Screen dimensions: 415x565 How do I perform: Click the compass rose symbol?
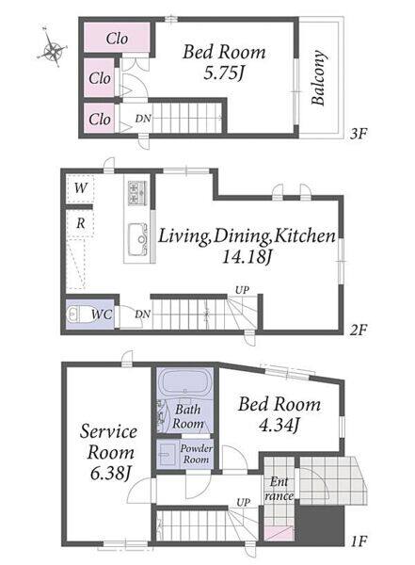coord(53,48)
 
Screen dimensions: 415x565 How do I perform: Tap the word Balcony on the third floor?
coord(318,78)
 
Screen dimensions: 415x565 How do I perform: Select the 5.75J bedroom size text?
coord(224,73)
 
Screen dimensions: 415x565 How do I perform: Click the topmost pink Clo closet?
coord(117,38)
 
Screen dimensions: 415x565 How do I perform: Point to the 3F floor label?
coord(359,134)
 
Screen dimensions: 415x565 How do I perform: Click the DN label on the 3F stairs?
coord(143,119)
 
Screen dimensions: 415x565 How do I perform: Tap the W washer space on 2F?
coord(80,188)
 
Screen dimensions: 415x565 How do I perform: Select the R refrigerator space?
coord(80,223)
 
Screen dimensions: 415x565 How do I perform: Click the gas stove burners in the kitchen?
coord(137,193)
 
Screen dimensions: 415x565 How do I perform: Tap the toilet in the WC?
coord(77,315)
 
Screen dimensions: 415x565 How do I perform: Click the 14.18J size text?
coord(247,256)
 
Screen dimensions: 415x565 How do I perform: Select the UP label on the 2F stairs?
coord(242,290)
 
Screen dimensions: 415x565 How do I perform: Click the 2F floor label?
coord(359,331)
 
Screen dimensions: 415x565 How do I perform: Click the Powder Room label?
coord(197,454)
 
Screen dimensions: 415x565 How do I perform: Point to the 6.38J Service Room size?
coord(110,474)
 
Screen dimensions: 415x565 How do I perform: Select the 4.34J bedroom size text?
coord(279,426)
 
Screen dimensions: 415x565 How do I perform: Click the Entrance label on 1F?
coord(279,489)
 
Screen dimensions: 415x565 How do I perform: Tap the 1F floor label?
coord(359,541)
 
